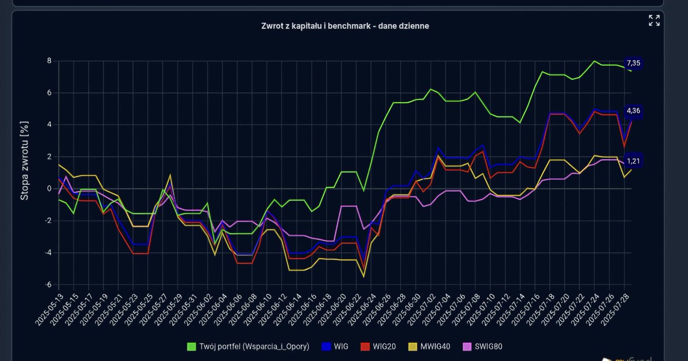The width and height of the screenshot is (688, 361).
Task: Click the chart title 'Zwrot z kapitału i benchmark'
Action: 344,26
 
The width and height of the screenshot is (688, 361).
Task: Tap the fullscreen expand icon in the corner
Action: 654,21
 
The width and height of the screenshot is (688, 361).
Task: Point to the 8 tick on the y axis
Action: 49,61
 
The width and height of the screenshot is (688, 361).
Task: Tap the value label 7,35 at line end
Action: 634,63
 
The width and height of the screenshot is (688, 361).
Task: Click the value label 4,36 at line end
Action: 634,111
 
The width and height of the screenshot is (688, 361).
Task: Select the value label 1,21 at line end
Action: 634,161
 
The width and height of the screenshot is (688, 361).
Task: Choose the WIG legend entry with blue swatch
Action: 341,346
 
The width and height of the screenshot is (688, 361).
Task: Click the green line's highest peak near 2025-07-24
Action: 594,61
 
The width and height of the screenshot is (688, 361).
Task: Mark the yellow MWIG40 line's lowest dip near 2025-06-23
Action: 363,277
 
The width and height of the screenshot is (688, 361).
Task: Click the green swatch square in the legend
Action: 192,346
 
